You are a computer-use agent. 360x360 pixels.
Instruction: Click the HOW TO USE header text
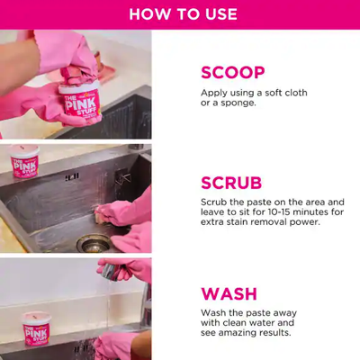pyautogui.click(x=183, y=14)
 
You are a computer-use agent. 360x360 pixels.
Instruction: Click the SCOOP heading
pyautogui.click(x=232, y=72)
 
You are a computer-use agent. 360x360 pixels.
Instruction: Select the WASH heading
pyautogui.click(x=229, y=293)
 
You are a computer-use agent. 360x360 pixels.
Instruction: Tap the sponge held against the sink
pyautogui.click(x=107, y=212)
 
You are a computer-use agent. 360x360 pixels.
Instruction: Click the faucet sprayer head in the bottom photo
pyautogui.click(x=109, y=270)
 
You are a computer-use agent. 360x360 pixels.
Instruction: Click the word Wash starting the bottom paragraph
pyautogui.click(x=214, y=313)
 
